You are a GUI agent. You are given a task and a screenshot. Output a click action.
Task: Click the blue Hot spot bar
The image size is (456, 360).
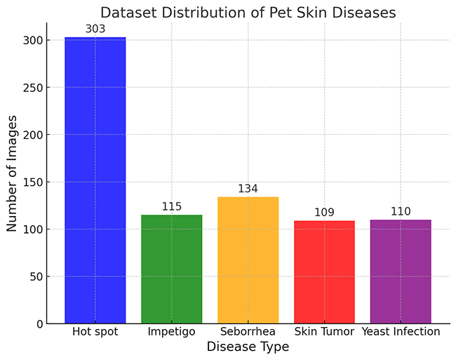point(95,180)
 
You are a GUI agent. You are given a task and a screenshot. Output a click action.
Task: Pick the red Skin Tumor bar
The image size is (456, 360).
point(324,272)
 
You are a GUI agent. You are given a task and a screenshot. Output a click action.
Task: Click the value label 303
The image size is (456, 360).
point(95,29)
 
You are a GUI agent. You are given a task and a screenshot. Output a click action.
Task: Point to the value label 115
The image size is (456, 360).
point(171,206)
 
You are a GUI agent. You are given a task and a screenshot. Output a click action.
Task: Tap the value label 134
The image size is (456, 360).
point(248,189)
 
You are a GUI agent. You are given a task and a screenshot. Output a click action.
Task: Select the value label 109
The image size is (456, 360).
point(324,212)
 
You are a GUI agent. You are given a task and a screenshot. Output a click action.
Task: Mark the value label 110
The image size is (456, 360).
point(401,211)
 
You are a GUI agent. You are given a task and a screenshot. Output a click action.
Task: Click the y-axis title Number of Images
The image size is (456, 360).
point(12,173)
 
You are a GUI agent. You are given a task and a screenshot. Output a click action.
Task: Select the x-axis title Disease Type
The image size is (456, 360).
point(248,347)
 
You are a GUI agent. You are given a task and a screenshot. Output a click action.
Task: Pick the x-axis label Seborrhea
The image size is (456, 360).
point(248,331)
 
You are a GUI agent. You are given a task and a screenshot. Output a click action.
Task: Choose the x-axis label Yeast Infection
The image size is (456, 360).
point(401,331)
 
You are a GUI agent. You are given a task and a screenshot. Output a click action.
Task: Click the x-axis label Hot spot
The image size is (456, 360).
point(95,331)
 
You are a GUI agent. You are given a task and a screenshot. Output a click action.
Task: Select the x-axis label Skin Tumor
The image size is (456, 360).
point(324,331)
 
